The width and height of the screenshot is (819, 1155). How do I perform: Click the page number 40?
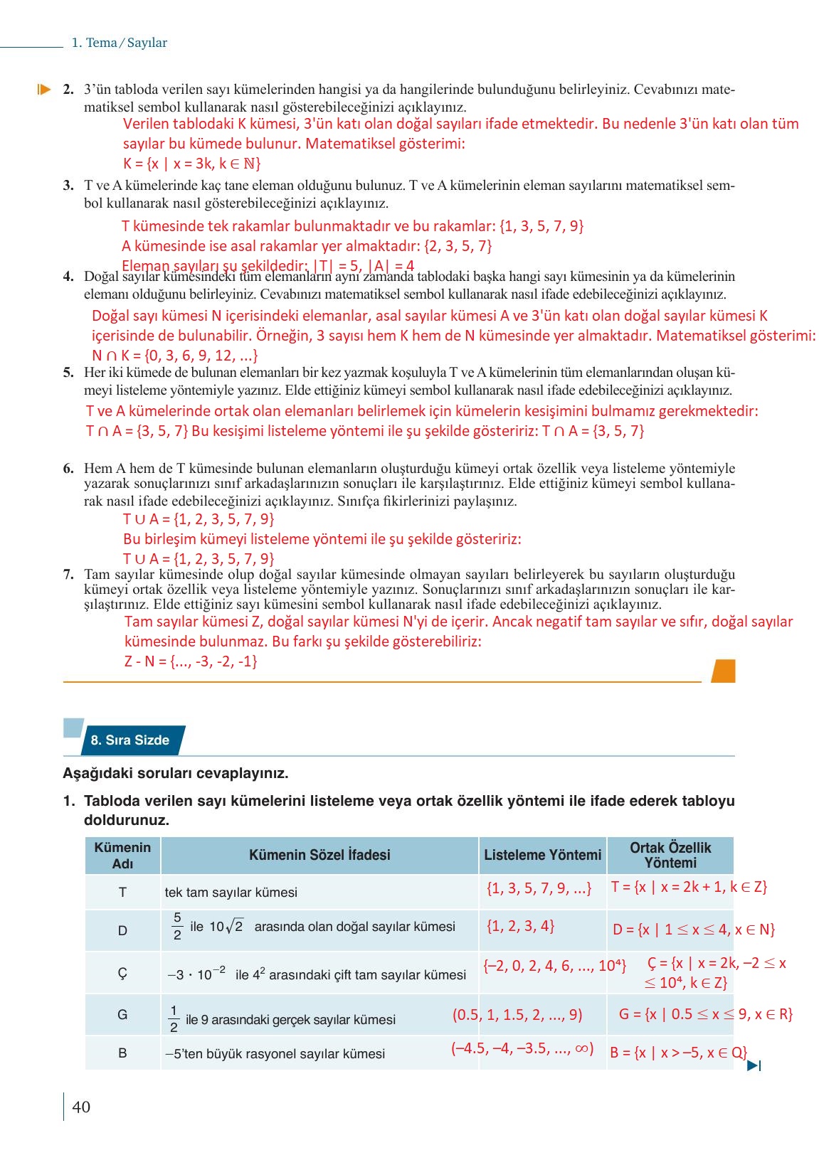[82, 1107]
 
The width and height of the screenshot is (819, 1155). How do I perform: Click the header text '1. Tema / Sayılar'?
[119, 43]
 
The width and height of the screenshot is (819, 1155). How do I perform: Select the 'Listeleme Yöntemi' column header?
[542, 855]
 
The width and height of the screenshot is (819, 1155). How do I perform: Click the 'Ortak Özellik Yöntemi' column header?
[670, 855]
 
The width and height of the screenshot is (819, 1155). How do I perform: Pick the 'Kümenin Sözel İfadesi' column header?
[319, 855]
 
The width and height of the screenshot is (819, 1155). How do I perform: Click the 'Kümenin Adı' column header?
[122, 855]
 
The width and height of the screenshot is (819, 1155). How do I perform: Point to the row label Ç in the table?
[122, 973]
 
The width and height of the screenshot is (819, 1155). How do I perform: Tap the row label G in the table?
[122, 1015]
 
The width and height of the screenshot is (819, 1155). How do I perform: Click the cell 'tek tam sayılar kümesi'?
[231, 892]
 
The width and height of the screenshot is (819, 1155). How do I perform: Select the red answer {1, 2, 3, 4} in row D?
[520, 926]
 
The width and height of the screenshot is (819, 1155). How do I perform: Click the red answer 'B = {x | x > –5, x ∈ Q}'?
[678, 1053]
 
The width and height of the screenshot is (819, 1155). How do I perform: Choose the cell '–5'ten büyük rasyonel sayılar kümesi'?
[275, 1053]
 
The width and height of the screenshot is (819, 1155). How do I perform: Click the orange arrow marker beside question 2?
[44, 90]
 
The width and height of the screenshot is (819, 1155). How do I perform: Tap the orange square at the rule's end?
[723, 671]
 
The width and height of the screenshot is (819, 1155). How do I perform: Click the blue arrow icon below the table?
[754, 1065]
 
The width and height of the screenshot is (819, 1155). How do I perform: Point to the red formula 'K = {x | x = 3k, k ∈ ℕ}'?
[192, 164]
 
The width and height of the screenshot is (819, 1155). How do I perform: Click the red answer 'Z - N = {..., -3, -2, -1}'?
[191, 661]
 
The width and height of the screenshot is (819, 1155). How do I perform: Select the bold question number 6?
[68, 468]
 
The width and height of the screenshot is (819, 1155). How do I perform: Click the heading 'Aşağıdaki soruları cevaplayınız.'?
[176, 773]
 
